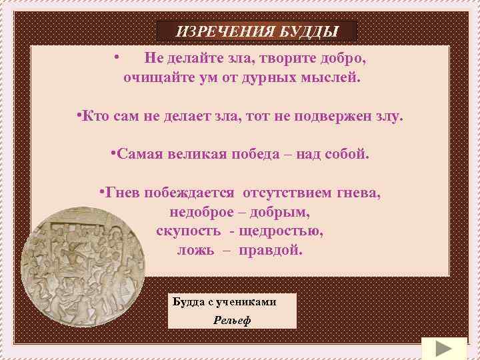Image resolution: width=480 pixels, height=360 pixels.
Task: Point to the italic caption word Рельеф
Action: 231,320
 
